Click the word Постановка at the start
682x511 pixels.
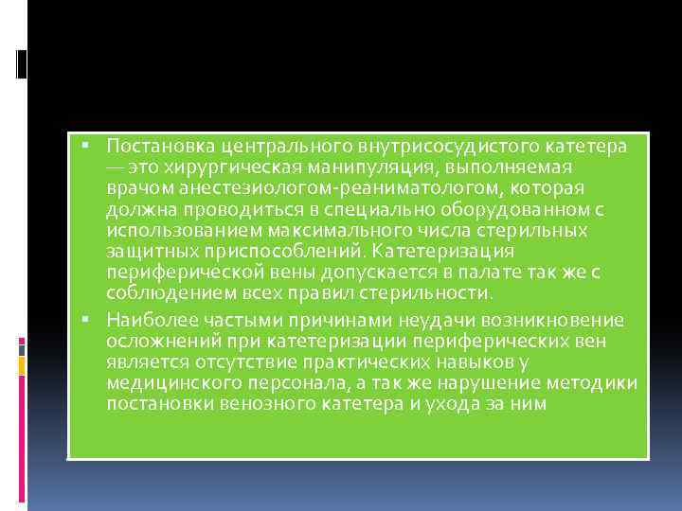click(x=158, y=148)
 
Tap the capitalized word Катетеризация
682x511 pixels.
click(x=443, y=252)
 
